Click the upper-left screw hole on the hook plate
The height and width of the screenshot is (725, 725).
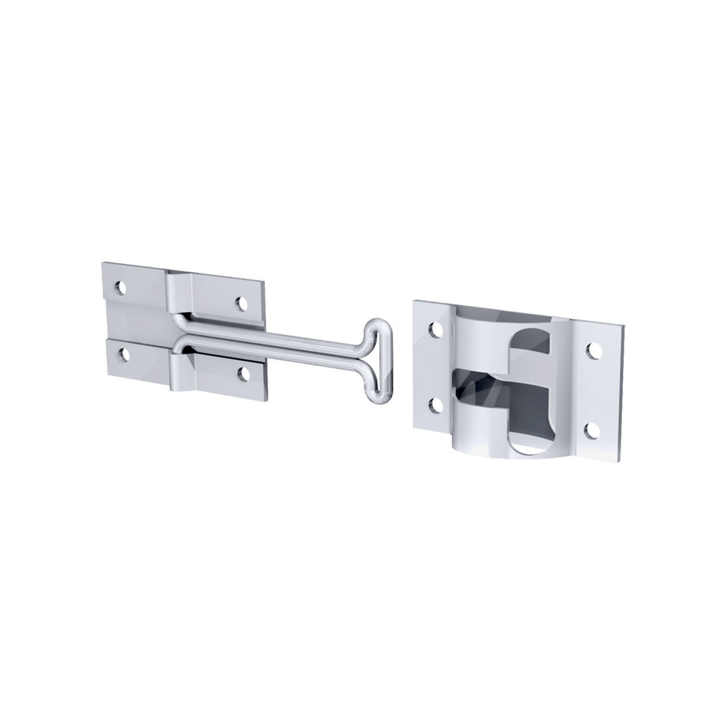coord(120,287)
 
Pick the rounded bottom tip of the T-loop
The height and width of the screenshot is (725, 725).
coord(381,400)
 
